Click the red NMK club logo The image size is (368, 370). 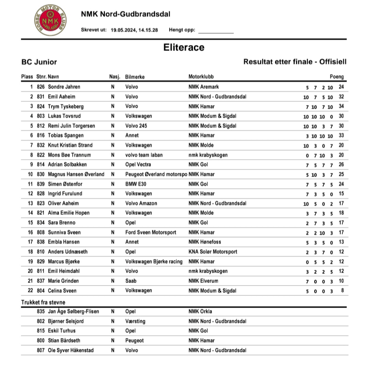pyautogui.click(x=50, y=20)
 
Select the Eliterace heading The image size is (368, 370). pyautogui.click(x=184, y=47)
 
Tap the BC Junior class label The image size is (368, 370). pyautogui.click(x=39, y=62)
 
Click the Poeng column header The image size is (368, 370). pyautogui.click(x=337, y=77)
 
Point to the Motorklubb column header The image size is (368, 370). pyautogui.click(x=201, y=77)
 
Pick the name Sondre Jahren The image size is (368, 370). pyautogui.click(x=64, y=87)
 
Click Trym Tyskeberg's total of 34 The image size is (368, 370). pyautogui.click(x=341, y=106)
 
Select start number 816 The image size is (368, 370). pyautogui.click(x=41, y=135)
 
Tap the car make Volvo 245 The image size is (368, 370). pyautogui.click(x=136, y=126)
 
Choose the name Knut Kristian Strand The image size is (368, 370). pyautogui.click(x=70, y=145)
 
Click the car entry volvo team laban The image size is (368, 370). pyautogui.click(x=144, y=155)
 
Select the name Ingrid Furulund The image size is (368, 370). pyautogui.click(x=64, y=194)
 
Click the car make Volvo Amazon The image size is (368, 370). pyautogui.click(x=141, y=203)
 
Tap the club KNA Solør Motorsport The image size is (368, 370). pyautogui.click(x=213, y=252)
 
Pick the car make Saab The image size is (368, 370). pyautogui.click(x=131, y=281)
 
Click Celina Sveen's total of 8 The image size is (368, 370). pyautogui.click(x=342, y=290)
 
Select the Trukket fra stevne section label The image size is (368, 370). pyautogui.click(x=43, y=302)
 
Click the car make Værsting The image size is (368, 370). pyautogui.click(x=135, y=321)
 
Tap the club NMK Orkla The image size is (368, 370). pyautogui.click(x=200, y=311)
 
